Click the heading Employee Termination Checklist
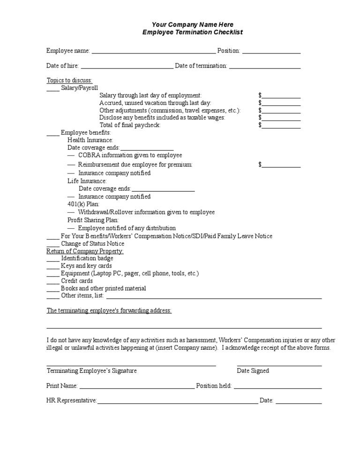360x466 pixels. [193, 32]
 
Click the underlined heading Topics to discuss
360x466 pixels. [69, 80]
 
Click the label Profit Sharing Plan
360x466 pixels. [93, 220]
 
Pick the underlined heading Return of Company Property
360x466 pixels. [85, 251]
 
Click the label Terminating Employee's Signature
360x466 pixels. [91, 370]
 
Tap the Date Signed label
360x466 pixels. [253, 370]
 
